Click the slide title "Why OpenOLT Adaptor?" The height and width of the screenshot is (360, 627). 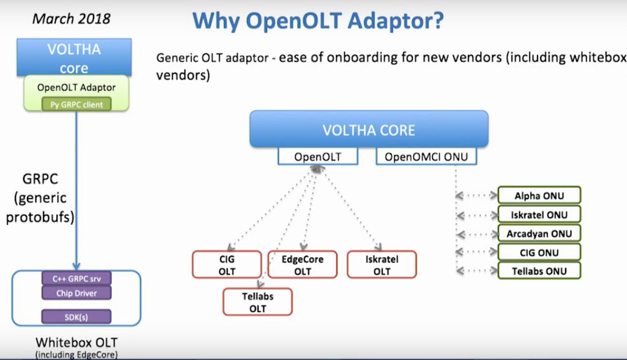pyautogui.click(x=318, y=20)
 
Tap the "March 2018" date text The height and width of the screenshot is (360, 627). pyautogui.click(x=71, y=19)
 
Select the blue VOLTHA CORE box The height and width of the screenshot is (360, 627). pyautogui.click(x=368, y=129)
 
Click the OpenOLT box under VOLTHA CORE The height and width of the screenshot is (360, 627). pyautogui.click(x=318, y=157)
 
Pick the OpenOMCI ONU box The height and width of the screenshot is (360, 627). pyautogui.click(x=426, y=157)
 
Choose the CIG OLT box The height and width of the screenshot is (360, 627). pyautogui.click(x=227, y=265)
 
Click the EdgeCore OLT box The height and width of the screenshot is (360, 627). pyautogui.click(x=302, y=265)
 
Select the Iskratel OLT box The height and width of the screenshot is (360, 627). pyautogui.click(x=382, y=265)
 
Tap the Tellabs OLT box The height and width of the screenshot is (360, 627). pyautogui.click(x=257, y=302)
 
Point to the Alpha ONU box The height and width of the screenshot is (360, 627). pyautogui.click(x=539, y=196)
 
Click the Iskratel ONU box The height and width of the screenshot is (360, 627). pyautogui.click(x=539, y=215)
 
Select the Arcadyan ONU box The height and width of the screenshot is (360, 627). pyautogui.click(x=539, y=233)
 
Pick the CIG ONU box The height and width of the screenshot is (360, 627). pyautogui.click(x=539, y=253)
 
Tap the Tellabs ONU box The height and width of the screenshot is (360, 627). pyautogui.click(x=539, y=271)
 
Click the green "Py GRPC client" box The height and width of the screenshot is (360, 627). pyautogui.click(x=76, y=104)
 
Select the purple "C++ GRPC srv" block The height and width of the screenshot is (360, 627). pyautogui.click(x=76, y=278)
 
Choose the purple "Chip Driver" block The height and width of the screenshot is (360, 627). pyautogui.click(x=76, y=293)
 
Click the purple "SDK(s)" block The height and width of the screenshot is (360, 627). pyautogui.click(x=76, y=317)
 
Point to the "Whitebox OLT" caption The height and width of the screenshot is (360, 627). pyautogui.click(x=76, y=343)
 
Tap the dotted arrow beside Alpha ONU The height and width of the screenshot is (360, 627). pyautogui.click(x=476, y=196)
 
